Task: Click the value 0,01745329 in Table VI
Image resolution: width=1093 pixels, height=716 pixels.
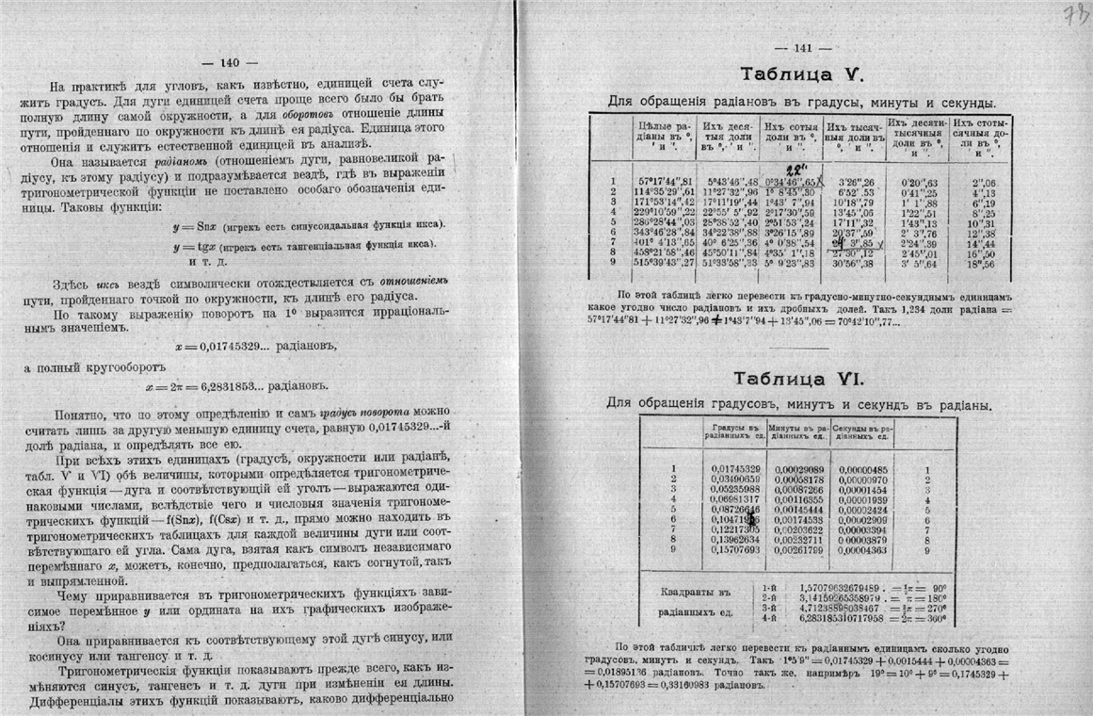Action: [x=735, y=469]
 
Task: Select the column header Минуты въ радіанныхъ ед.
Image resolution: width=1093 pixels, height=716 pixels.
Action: [x=800, y=434]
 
